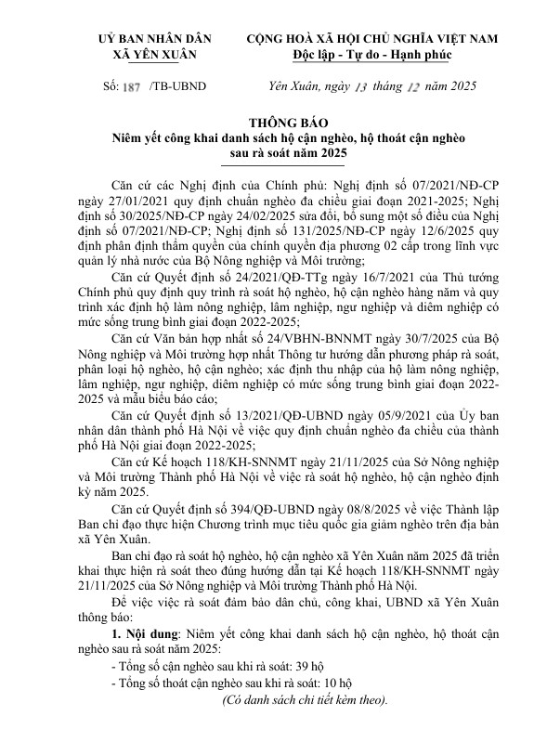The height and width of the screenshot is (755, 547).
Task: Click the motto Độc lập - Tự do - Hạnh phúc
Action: (371, 55)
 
